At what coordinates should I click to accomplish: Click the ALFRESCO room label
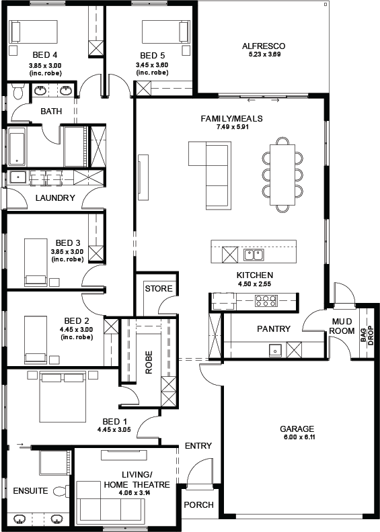pos(264,46)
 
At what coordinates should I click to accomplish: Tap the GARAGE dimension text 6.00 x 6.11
pos(299,437)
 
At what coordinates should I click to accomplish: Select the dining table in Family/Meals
pos(282,175)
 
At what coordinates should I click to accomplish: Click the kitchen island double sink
pos(254,255)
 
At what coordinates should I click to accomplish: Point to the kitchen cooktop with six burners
pos(266,301)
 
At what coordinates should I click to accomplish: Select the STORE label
pos(159,289)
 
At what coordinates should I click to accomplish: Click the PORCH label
pos(198,505)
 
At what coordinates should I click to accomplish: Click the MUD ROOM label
pos(342,326)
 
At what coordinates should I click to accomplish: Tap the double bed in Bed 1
pos(63,397)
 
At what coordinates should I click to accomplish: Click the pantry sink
pos(275,349)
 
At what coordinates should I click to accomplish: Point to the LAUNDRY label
pos(55,197)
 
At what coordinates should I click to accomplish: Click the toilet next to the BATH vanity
pos(17,91)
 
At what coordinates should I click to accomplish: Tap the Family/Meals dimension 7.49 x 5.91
pos(231,127)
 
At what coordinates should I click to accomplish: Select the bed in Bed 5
pos(165,32)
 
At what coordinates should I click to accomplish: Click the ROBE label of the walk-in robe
pos(149,362)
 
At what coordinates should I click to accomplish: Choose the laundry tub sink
pos(17,177)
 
